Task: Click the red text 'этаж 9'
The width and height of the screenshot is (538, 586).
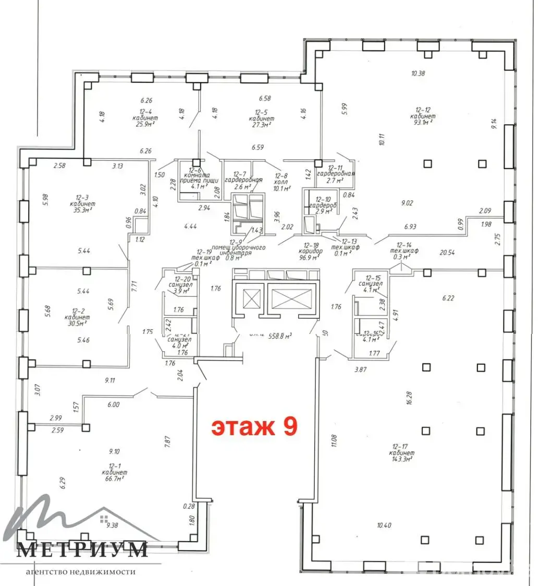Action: tap(254, 426)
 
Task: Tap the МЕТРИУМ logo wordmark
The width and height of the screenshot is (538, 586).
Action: tap(82, 550)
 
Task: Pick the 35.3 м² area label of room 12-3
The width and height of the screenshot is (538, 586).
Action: tap(81, 211)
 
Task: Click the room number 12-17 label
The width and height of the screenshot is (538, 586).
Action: tap(400, 446)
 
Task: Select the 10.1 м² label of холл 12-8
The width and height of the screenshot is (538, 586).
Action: tap(282, 188)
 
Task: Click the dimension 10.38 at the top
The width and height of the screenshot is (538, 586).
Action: tap(418, 74)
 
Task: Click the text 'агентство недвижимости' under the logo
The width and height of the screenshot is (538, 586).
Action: tap(81, 571)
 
